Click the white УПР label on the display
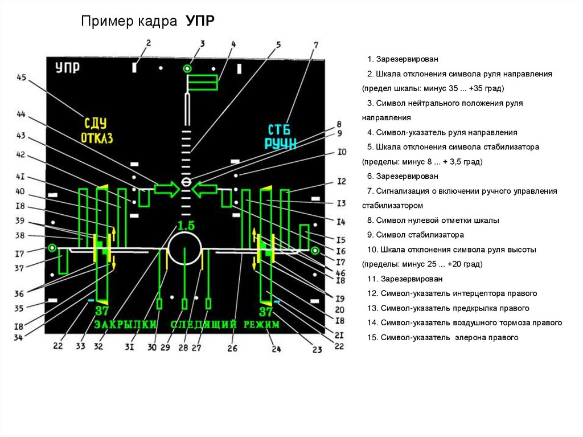tap(67, 68)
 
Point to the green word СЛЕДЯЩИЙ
tap(203, 325)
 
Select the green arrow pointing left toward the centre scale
tap(205, 189)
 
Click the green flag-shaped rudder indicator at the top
tap(203, 83)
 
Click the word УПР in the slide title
tap(199, 22)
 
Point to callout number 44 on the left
tap(21, 114)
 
